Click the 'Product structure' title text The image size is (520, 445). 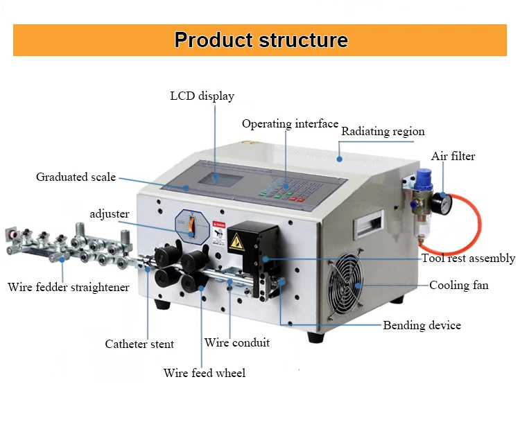point(261,40)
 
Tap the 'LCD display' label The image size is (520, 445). point(202,96)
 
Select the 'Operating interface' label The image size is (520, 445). point(290,124)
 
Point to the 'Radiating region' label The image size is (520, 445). point(383,131)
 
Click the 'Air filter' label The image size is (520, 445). point(453,156)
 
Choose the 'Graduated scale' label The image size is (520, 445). point(76,177)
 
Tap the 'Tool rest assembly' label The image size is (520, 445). point(468,259)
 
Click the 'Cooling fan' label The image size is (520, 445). point(458,285)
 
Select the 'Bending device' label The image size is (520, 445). point(422,325)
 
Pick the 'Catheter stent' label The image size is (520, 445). point(139,344)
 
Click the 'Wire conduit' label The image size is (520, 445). point(236,342)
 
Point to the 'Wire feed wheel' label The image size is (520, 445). point(204,373)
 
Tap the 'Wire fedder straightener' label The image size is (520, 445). point(68,287)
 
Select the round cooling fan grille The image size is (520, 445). point(345,284)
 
